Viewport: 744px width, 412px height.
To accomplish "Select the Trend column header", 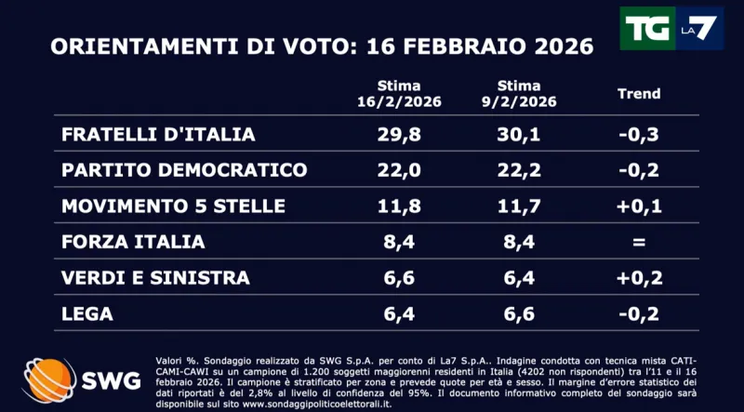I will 639,93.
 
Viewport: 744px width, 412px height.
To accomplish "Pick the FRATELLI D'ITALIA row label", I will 158,134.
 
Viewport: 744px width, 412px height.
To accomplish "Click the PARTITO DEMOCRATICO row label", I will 184,170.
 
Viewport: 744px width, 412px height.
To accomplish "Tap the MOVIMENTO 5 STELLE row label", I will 173,206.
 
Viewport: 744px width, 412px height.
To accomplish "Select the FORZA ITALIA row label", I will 133,242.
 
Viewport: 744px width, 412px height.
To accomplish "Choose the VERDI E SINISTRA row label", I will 155,277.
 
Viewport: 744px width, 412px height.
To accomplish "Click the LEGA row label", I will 87,313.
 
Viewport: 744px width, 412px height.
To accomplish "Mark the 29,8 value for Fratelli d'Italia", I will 400,134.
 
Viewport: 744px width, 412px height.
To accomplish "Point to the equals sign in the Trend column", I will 639,242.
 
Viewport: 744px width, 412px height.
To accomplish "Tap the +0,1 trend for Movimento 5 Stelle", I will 639,206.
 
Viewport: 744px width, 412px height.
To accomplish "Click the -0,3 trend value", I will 639,134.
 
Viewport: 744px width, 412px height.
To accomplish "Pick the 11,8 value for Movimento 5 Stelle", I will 400,206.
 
